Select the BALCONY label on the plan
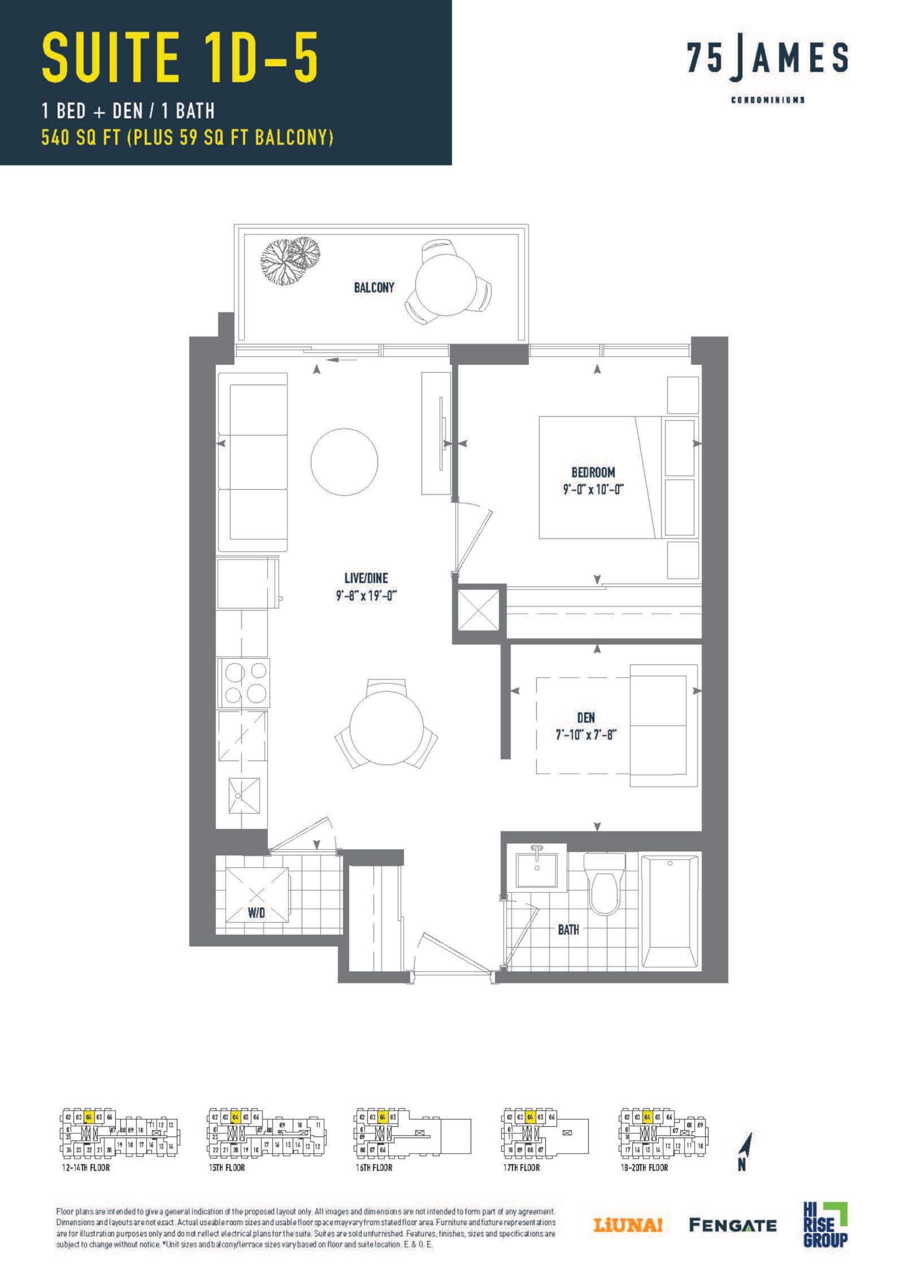[x=374, y=287]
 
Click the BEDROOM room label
[x=593, y=473]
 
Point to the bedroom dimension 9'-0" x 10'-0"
[x=593, y=490]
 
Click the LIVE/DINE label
[x=366, y=578]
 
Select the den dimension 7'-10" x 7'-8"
[x=585, y=735]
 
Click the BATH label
[x=568, y=929]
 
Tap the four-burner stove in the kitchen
[x=243, y=683]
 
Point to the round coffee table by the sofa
[x=344, y=461]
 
